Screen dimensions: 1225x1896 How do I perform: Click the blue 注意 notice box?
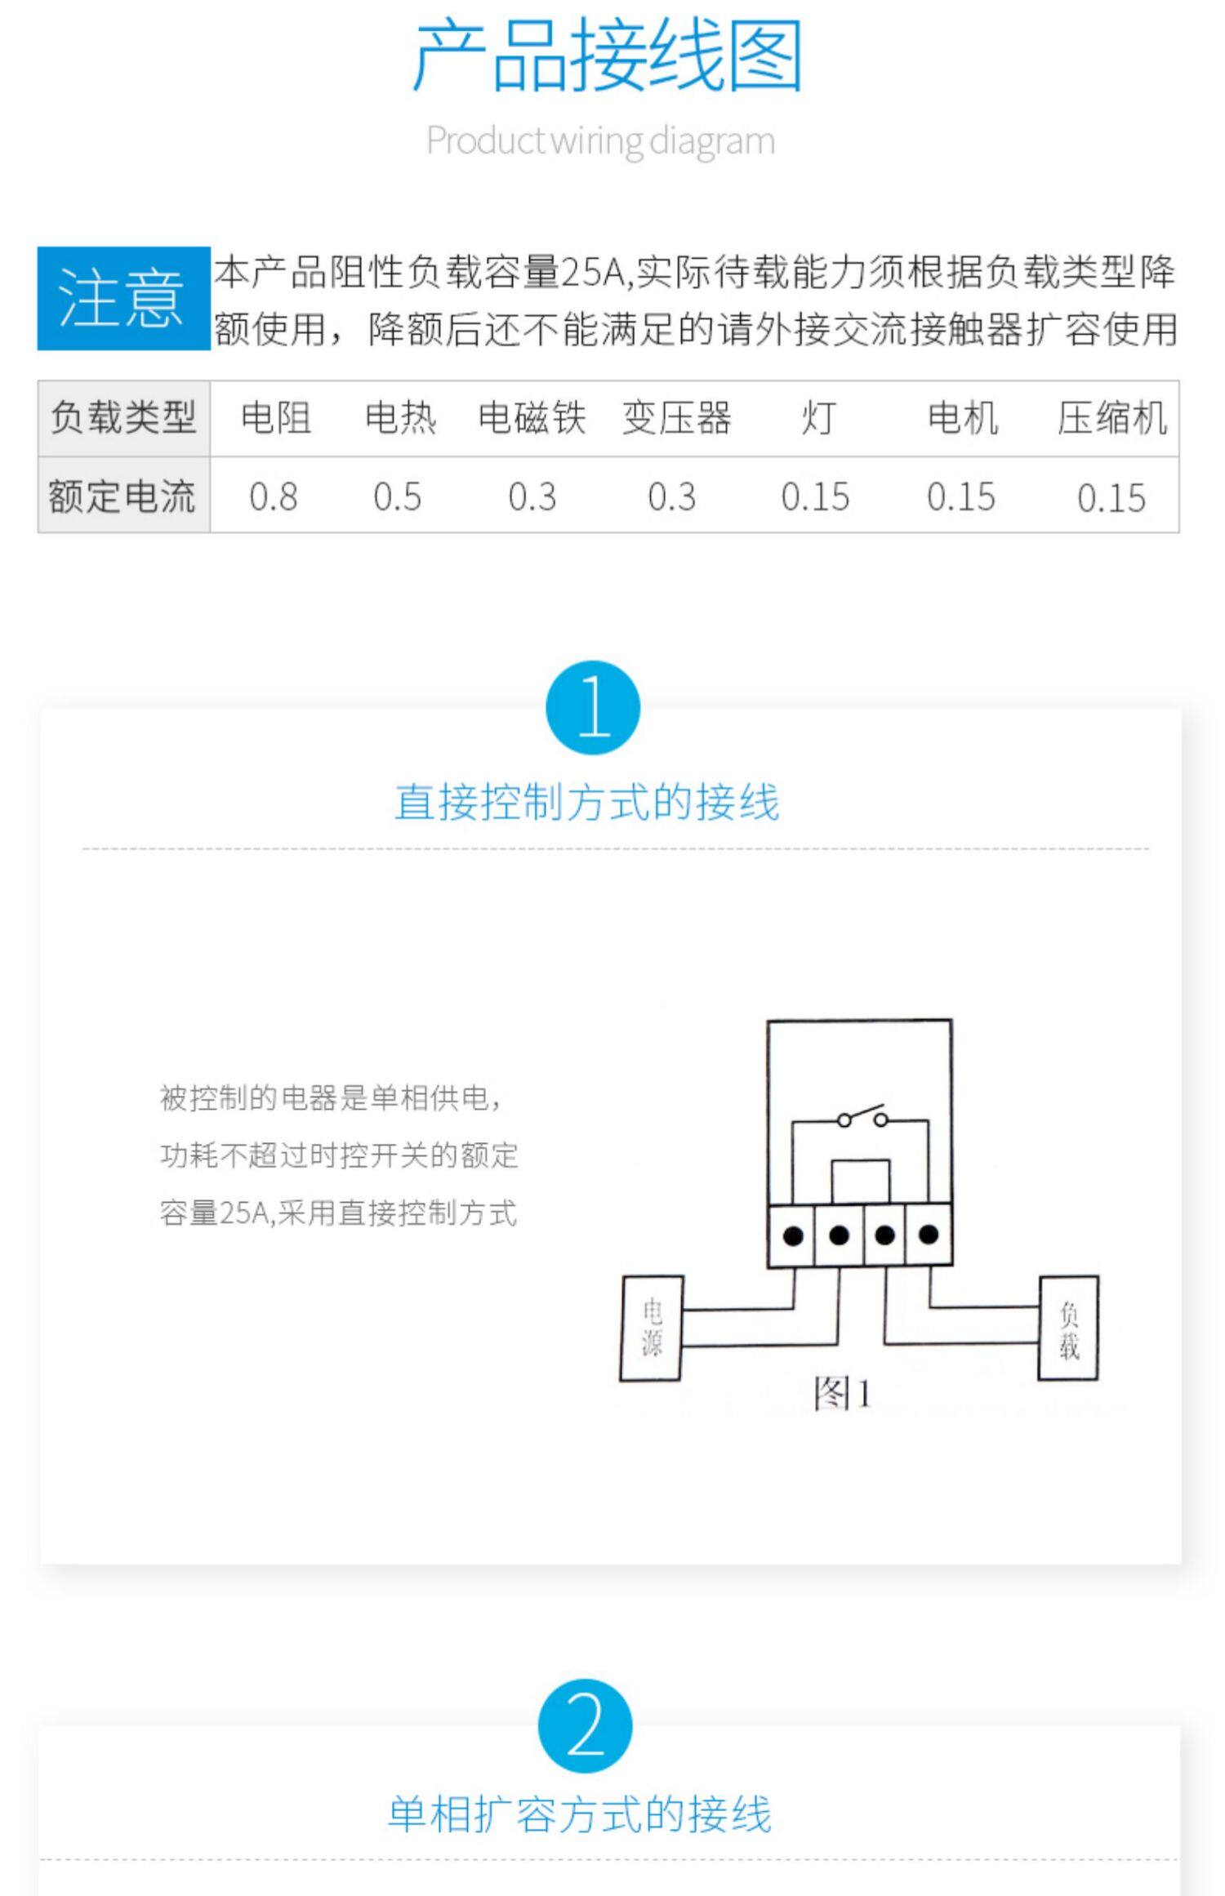pos(124,298)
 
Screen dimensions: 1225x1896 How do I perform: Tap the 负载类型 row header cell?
pos(124,418)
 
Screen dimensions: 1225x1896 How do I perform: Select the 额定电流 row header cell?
pos(124,495)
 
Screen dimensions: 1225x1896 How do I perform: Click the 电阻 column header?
pos(276,418)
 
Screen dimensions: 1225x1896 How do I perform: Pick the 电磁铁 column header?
pos(532,418)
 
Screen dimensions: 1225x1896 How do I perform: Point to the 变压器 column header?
pos(676,418)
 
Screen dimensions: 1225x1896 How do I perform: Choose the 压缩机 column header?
pos(1111,418)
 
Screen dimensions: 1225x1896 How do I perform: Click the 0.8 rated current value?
pos(274,496)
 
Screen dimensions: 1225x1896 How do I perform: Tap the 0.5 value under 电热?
pos(398,496)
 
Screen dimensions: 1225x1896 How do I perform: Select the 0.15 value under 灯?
pos(815,496)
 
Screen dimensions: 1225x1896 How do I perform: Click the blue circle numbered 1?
pos(594,708)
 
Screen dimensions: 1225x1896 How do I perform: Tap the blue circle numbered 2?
pos(585,1726)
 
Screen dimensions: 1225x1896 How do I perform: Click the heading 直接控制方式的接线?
pos(587,801)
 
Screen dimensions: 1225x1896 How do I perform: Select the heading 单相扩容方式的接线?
pos(579,1814)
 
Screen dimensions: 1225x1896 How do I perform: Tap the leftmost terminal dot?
pos(793,1235)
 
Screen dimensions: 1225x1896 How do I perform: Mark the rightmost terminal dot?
pos(929,1235)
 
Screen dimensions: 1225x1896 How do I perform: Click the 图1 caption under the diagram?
pos(843,1393)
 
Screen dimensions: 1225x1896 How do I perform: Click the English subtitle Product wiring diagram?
pos(601,141)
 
